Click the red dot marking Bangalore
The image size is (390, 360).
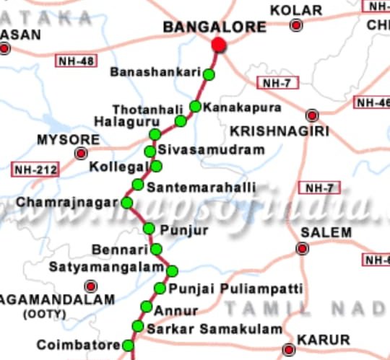219,45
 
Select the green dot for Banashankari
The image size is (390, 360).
209,74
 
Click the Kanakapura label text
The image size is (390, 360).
231,107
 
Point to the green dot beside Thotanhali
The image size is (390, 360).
181,120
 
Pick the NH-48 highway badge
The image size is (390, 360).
75,61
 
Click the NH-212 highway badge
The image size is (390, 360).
35,170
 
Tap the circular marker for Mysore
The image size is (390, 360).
81,153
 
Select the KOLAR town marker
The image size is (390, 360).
296,26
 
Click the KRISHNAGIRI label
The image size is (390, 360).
279,131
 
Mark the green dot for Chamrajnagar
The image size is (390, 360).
127,203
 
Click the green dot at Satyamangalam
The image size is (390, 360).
172,271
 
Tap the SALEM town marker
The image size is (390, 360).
303,249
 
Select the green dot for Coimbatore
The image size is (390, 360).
127,346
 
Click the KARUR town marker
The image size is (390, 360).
289,348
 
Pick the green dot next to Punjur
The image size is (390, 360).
149,229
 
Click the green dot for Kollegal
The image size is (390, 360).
156,167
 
